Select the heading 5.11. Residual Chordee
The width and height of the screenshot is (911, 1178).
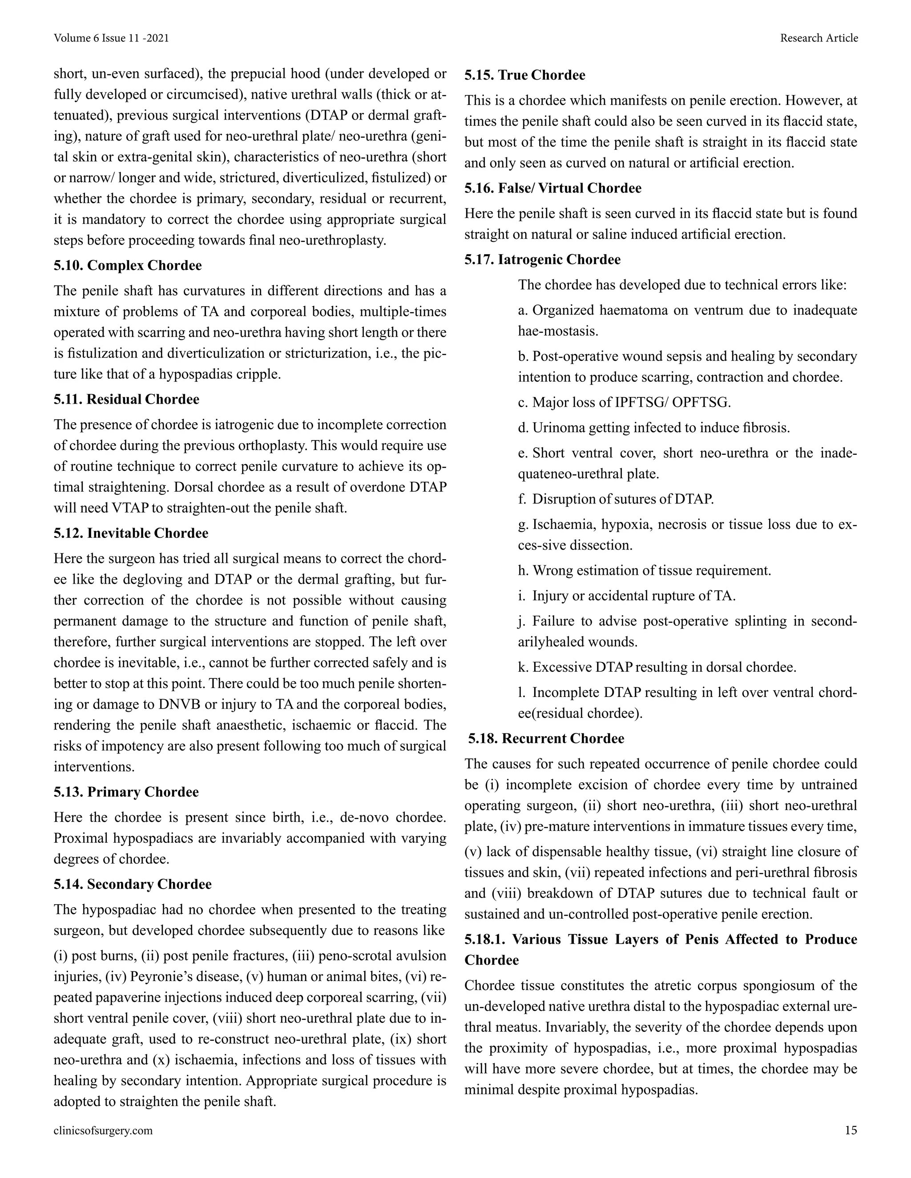[x=126, y=399]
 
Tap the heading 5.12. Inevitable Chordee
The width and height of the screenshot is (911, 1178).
[x=131, y=533]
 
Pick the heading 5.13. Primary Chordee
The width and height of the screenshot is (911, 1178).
[x=126, y=792]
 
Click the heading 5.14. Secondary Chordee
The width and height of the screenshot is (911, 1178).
[x=132, y=884]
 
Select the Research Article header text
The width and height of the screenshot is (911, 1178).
[x=819, y=38]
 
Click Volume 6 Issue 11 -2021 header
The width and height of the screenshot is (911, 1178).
[x=111, y=38]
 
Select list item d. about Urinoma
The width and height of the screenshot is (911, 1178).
[x=653, y=428]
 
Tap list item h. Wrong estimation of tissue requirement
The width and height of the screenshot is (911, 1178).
[x=645, y=570]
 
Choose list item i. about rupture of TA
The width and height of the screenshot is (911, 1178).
[x=627, y=596]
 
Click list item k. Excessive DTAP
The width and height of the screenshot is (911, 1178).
[x=657, y=667]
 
